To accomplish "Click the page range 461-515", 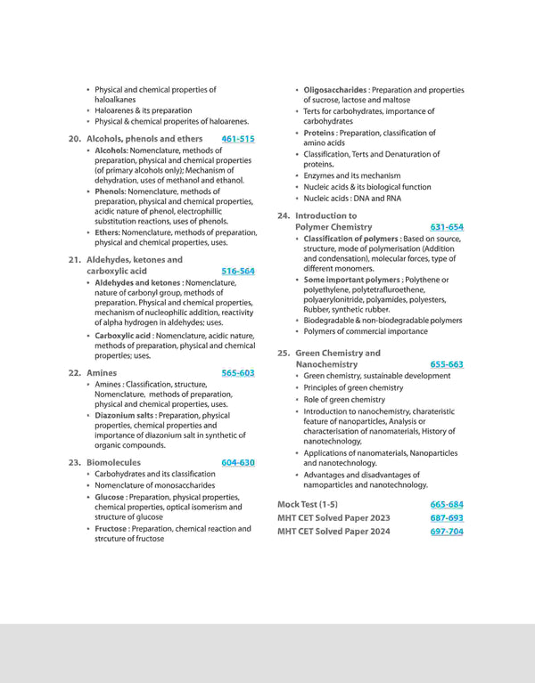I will (x=238, y=139).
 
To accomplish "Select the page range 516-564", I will (x=238, y=271).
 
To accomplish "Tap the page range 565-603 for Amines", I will (x=238, y=373).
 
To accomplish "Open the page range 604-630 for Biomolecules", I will (x=238, y=463).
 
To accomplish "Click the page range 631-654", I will (x=447, y=227).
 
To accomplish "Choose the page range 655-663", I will (x=447, y=364).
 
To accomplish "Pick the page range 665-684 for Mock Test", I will (x=447, y=504).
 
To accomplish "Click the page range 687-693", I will (x=447, y=517).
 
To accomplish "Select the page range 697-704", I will (x=447, y=532).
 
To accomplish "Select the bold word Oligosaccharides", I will (x=334, y=90).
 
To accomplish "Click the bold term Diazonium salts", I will (x=126, y=416).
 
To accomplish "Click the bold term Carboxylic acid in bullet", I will (x=123, y=336).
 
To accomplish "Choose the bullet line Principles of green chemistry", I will (x=353, y=388).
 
